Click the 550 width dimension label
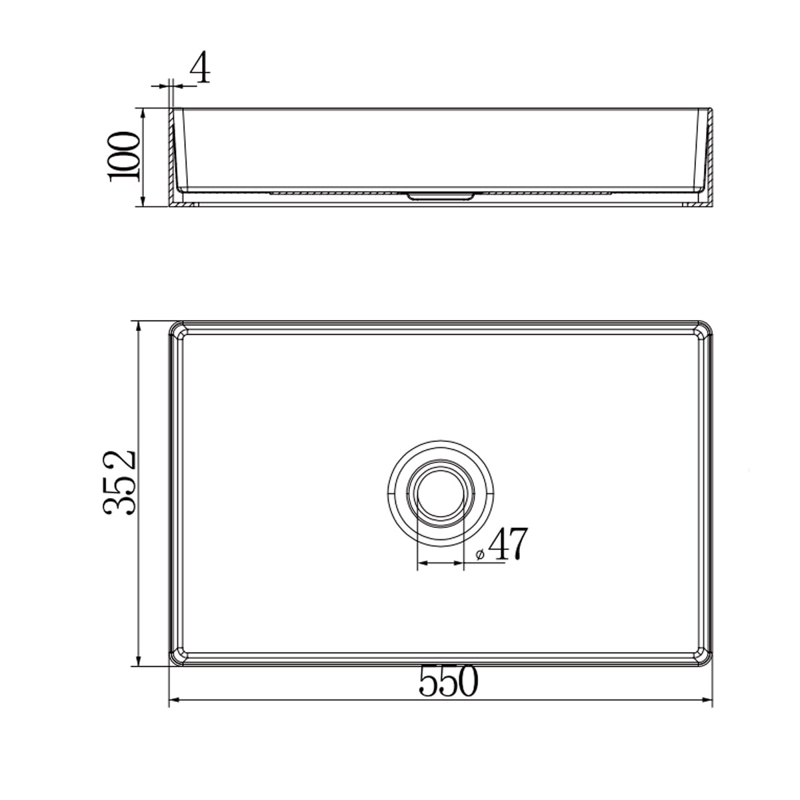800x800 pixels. pos(449,681)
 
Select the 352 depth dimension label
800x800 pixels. pos(121,482)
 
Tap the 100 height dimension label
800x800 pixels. pos(124,157)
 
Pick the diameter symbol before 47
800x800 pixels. pos(480,554)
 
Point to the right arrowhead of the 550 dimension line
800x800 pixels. pos(709,700)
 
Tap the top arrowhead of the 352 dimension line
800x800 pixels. pos(139,327)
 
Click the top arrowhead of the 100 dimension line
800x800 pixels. pos(143,113)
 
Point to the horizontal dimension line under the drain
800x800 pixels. pos(440,564)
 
